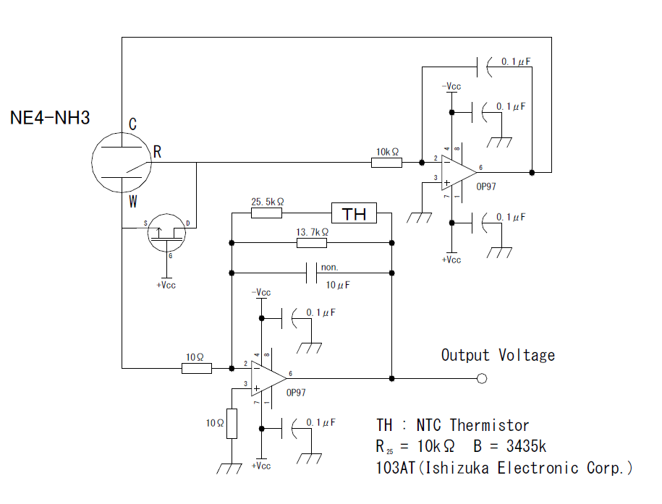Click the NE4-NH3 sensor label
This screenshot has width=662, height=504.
[x=50, y=117]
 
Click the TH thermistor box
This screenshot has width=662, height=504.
[x=355, y=213]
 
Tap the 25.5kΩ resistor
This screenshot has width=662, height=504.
[x=266, y=213]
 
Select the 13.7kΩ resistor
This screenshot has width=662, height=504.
[x=312, y=242]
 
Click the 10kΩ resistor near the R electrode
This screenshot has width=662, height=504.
[x=386, y=163]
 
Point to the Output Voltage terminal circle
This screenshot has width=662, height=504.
[x=483, y=378]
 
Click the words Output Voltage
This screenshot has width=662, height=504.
[x=498, y=355]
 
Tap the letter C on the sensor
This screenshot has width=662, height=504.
[x=132, y=124]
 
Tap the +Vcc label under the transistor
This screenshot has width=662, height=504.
[x=166, y=284]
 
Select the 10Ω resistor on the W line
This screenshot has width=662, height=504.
[x=196, y=368]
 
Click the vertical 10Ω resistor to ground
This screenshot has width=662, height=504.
[x=232, y=423]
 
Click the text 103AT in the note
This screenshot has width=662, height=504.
[x=395, y=468]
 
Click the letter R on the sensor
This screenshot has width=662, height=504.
[x=157, y=152]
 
